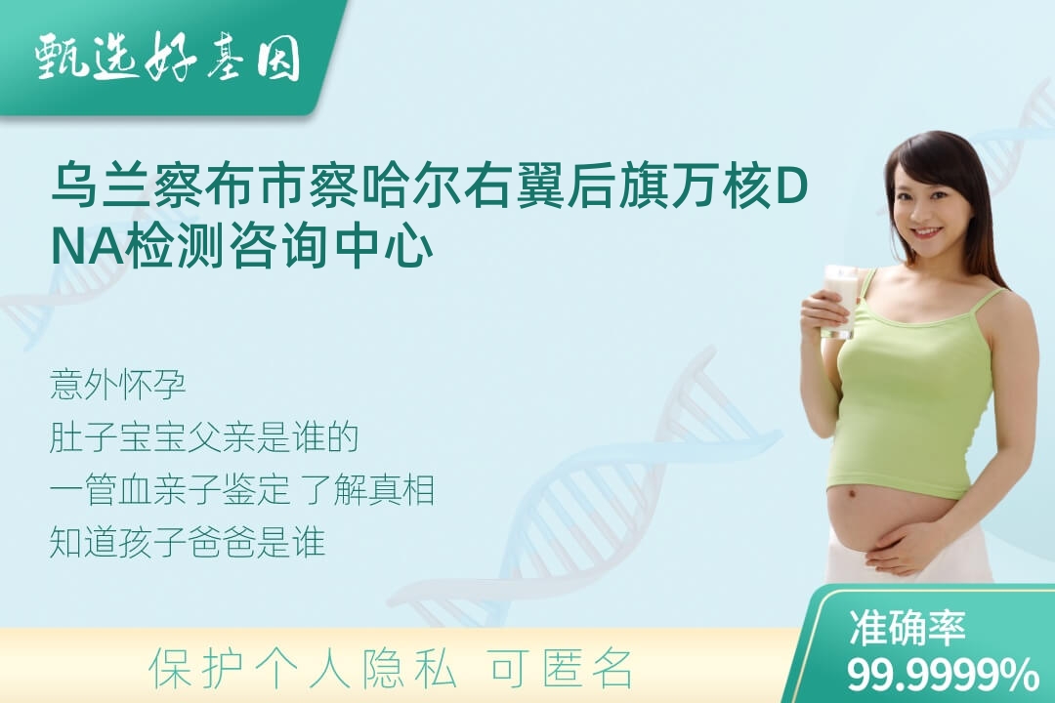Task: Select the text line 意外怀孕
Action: click(118, 386)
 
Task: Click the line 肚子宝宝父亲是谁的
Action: click(204, 438)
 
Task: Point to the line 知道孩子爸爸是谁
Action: click(188, 542)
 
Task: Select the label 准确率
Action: click(907, 628)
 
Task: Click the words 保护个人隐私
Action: click(303, 670)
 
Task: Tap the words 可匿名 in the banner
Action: click(563, 670)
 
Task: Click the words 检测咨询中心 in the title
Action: click(280, 246)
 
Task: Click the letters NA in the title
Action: click(88, 248)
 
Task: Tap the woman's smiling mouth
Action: click(927, 232)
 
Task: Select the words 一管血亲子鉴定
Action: click(170, 490)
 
